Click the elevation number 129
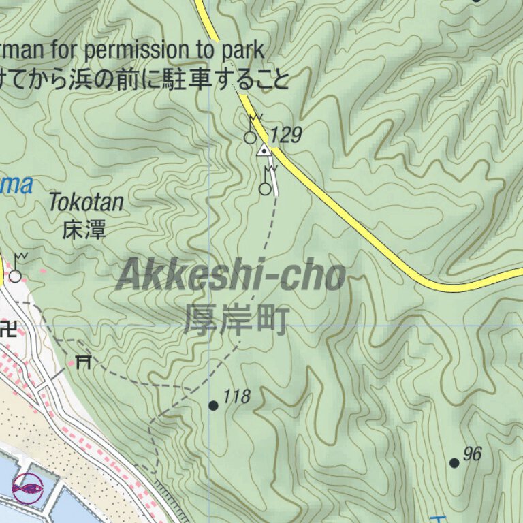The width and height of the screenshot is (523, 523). (x=286, y=135)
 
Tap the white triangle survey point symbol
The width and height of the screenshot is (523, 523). (x=263, y=150)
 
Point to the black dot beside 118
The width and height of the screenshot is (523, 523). (x=213, y=406)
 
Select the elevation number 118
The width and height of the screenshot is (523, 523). (x=237, y=396)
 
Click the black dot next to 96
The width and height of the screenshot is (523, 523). (x=454, y=463)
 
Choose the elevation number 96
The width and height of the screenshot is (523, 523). (x=473, y=454)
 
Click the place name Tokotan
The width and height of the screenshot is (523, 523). (x=86, y=202)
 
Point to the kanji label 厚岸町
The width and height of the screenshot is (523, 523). (x=236, y=319)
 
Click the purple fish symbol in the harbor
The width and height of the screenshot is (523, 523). (x=27, y=488)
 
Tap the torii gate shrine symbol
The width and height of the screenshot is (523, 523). (x=84, y=361)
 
